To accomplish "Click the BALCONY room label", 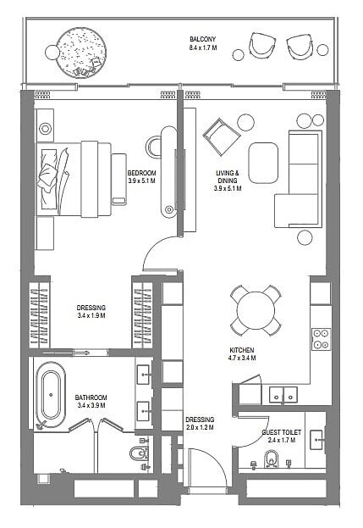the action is (x=203, y=39).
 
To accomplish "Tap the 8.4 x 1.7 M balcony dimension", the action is (x=203, y=47).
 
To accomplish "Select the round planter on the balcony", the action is (x=82, y=53).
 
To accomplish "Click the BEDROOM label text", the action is (x=142, y=173).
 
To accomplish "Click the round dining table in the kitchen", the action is (x=256, y=310).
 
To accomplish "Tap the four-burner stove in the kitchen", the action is (x=321, y=339).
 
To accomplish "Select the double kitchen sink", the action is (x=283, y=395).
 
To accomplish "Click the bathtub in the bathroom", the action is (x=51, y=395).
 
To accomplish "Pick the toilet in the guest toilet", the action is (x=272, y=459).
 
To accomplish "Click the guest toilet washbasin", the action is (x=316, y=440).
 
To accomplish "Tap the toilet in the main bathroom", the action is (x=139, y=453).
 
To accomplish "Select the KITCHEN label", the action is (x=242, y=350).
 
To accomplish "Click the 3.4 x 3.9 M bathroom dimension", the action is (x=91, y=405).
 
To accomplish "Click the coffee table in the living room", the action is (x=263, y=163).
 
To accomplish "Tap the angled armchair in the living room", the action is (x=222, y=136).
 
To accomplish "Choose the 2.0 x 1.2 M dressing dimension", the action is (x=200, y=428).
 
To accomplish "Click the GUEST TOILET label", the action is (x=282, y=432).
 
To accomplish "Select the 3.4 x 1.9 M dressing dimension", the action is (x=91, y=316).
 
